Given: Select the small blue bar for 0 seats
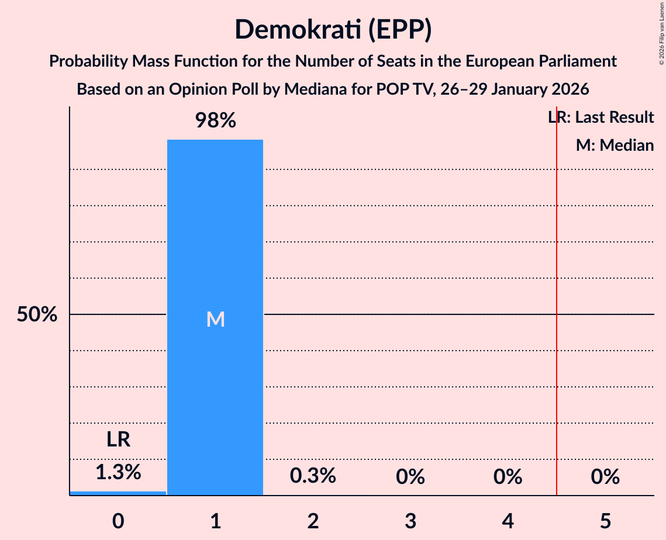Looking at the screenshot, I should (x=118, y=493).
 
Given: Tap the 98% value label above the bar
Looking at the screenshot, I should (x=215, y=121).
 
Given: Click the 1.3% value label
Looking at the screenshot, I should (x=118, y=472).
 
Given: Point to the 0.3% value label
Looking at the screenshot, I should (x=313, y=476).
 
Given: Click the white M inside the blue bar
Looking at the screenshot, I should (x=215, y=319).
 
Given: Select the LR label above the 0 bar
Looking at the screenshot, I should (x=118, y=439).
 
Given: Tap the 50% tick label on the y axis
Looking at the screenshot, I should (x=37, y=315).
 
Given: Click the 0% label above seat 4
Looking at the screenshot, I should (x=508, y=477).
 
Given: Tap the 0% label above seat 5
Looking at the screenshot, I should (x=605, y=477).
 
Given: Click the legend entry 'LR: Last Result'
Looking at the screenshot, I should (x=601, y=117).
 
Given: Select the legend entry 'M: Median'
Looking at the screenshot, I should (x=615, y=145).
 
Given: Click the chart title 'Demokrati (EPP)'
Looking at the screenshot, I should (x=333, y=30).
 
